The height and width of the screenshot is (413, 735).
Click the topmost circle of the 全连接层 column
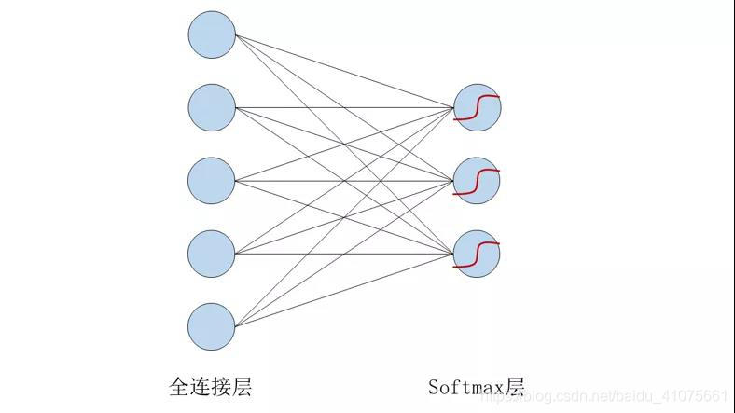click(x=212, y=35)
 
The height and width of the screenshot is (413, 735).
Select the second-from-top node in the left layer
click(x=212, y=107)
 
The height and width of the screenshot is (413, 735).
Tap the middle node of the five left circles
click(x=212, y=180)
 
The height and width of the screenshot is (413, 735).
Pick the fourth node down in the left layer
click(x=212, y=253)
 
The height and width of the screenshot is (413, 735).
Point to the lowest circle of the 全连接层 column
click(x=212, y=325)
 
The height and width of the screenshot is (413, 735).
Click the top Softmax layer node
click(x=477, y=107)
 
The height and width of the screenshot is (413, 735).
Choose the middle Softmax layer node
click(x=477, y=180)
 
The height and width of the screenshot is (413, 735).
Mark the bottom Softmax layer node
click(x=477, y=253)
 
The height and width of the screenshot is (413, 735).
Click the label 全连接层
click(x=210, y=386)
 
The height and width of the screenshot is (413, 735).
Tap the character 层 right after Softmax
click(x=515, y=386)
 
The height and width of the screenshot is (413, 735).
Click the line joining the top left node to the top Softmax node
click(x=345, y=72)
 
